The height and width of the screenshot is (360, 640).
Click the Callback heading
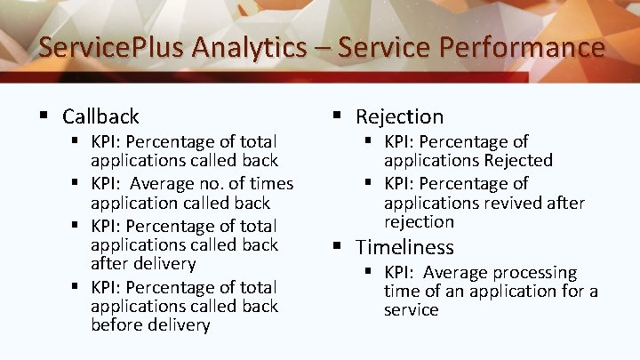pos(100,116)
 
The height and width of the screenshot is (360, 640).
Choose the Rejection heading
pos(399,116)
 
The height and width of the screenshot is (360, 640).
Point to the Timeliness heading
pos(404,247)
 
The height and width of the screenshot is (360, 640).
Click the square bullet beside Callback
pos(44,116)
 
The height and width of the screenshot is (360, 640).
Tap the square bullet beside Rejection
pos(338,116)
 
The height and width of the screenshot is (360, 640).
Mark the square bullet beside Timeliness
pos(338,246)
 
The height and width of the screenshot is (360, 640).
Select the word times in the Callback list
pos(268,184)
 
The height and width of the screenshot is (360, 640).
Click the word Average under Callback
pos(166,184)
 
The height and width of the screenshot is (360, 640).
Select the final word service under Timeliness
pos(412,310)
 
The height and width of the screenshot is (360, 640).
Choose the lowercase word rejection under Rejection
pos(419,222)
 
